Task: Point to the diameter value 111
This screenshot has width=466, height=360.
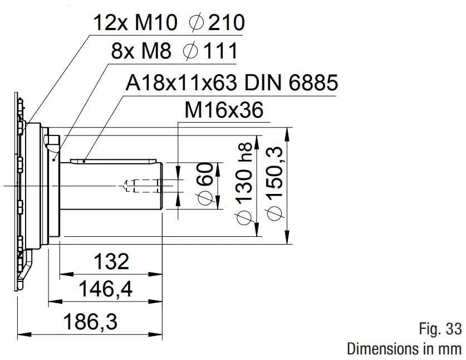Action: tap(219, 52)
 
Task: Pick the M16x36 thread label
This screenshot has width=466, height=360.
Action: tap(223, 111)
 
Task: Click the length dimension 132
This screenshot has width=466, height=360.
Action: tap(111, 261)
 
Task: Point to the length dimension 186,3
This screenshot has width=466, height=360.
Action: tap(91, 322)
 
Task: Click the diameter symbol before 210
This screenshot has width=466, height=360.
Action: tap(196, 23)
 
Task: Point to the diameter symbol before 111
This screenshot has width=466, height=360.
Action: tap(190, 52)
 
